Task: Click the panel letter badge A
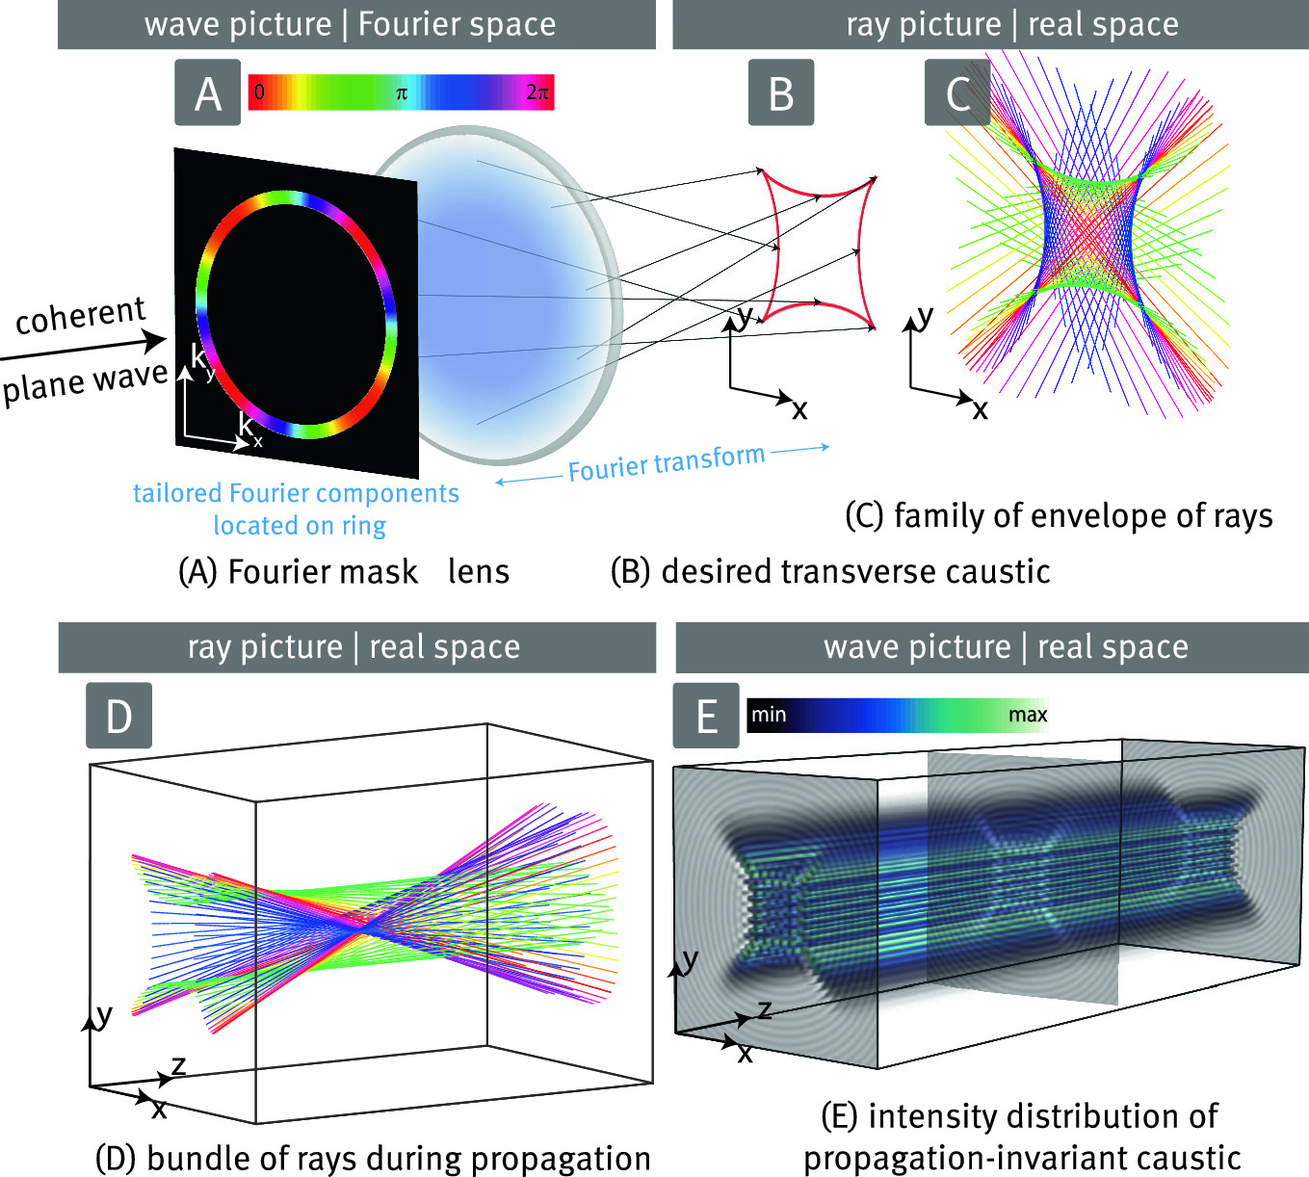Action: pyautogui.click(x=207, y=92)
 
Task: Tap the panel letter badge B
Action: pyautogui.click(x=781, y=92)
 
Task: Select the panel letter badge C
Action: pyautogui.click(x=956, y=92)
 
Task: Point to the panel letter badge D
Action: pyautogui.click(x=118, y=716)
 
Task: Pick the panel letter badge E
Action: pyautogui.click(x=706, y=716)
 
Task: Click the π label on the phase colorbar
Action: pyautogui.click(x=402, y=93)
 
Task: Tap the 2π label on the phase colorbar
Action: pyautogui.click(x=537, y=93)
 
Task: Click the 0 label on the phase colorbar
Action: pyautogui.click(x=259, y=93)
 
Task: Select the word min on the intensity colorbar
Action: pyautogui.click(x=769, y=715)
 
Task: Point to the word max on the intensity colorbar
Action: pyautogui.click(x=1027, y=715)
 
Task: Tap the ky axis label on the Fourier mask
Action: pyautogui.click(x=202, y=361)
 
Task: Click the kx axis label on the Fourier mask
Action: pyautogui.click(x=249, y=428)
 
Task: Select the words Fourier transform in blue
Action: pyautogui.click(x=666, y=463)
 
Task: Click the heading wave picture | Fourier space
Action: pyautogui.click(x=351, y=24)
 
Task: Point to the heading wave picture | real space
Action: pyautogui.click(x=1006, y=647)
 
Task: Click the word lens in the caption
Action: pyautogui.click(x=479, y=571)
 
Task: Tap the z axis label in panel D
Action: pyautogui.click(x=178, y=1064)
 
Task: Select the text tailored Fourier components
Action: pyautogui.click(x=296, y=493)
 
